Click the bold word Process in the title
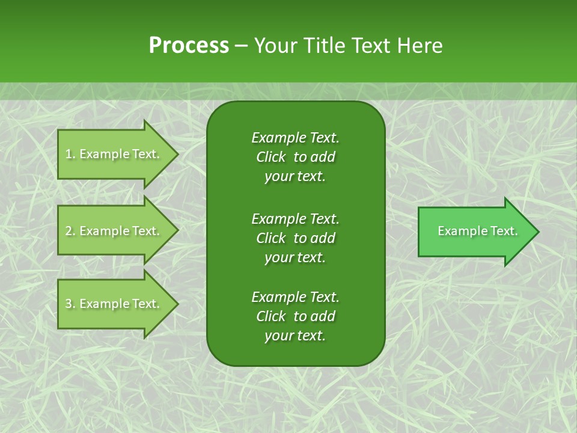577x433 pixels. (189, 46)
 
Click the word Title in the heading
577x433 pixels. (323, 46)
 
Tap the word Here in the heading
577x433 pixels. (420, 46)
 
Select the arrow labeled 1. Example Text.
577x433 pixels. (114, 154)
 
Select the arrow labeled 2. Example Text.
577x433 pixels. (114, 231)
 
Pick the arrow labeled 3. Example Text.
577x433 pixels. (114, 304)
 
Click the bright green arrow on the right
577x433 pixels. (475, 232)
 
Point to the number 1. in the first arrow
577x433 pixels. (70, 154)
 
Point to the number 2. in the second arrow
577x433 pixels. (70, 231)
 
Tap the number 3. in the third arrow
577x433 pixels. (70, 304)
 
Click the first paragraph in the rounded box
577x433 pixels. (295, 157)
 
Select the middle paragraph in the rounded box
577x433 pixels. (295, 238)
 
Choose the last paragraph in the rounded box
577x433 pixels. (295, 316)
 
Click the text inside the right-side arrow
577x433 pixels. (477, 231)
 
